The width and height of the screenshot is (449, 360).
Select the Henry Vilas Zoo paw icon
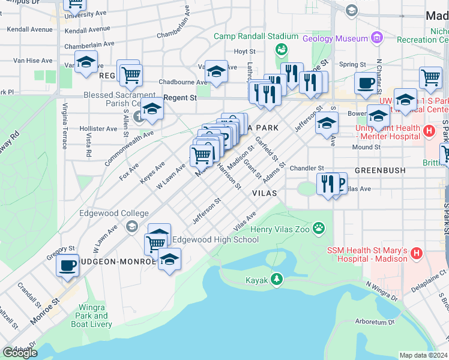pyautogui.click(x=319, y=229)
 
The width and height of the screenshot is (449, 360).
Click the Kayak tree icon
pyautogui.click(x=276, y=278)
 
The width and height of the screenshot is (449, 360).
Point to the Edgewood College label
pyautogui.click(x=114, y=214)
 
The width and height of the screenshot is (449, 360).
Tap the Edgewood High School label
pyautogui.click(x=215, y=240)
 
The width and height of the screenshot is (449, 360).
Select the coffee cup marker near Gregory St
pyautogui.click(x=67, y=265)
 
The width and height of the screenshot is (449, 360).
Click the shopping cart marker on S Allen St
pyautogui.click(x=131, y=75)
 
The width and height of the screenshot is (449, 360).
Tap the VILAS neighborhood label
pyautogui.click(x=264, y=193)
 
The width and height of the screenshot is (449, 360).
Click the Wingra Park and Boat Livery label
pyautogui.click(x=92, y=316)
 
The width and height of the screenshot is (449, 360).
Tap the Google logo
pyautogui.click(x=19, y=352)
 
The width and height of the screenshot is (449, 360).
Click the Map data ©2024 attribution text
pyautogui.click(x=423, y=355)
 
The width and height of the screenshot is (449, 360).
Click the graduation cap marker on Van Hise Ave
pyautogui.click(x=86, y=62)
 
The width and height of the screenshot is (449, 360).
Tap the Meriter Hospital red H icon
pyautogui.click(x=429, y=131)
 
